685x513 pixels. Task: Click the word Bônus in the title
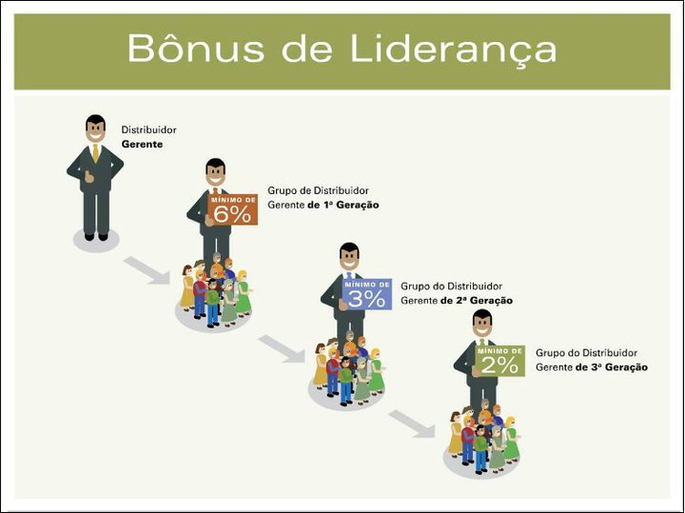click(x=186, y=48)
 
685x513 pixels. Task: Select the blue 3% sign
click(x=367, y=295)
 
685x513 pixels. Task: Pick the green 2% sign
click(x=499, y=360)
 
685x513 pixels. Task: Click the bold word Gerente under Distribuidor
click(x=143, y=145)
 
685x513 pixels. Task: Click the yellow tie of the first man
click(x=95, y=153)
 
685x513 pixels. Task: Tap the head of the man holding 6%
click(x=216, y=173)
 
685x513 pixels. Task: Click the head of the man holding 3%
click(x=349, y=257)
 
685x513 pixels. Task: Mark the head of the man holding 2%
click(x=482, y=323)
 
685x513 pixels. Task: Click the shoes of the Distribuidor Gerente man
click(x=96, y=236)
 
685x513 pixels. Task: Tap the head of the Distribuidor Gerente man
click(x=95, y=128)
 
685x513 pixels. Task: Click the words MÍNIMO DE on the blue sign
click(x=366, y=283)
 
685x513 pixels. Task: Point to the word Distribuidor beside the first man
click(x=148, y=130)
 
